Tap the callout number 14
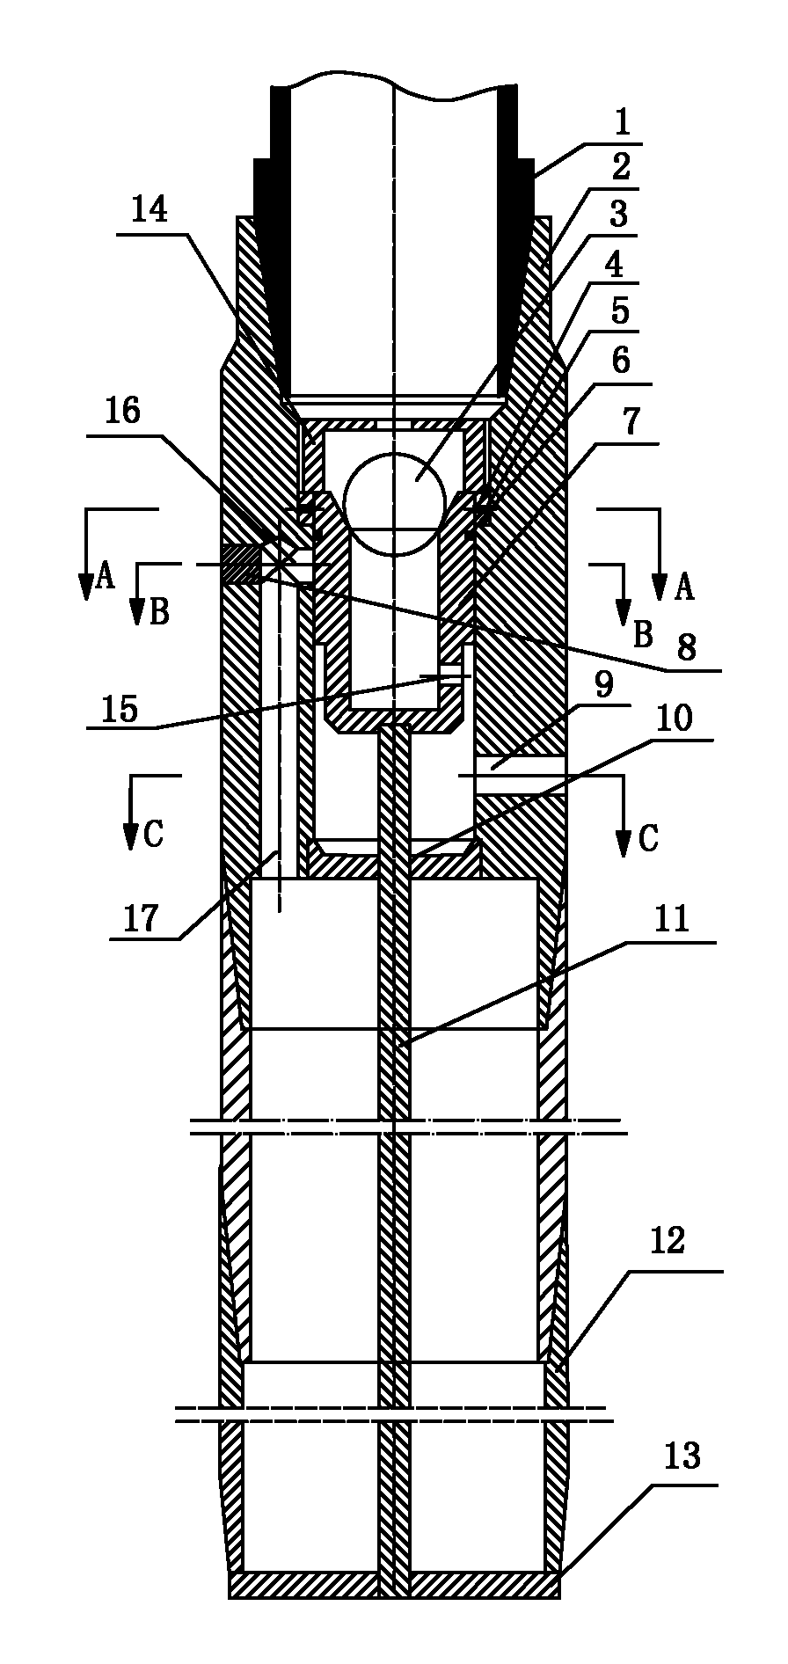click(x=150, y=212)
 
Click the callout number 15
click(x=120, y=708)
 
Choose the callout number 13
click(x=682, y=1456)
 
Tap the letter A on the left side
click(x=106, y=577)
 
